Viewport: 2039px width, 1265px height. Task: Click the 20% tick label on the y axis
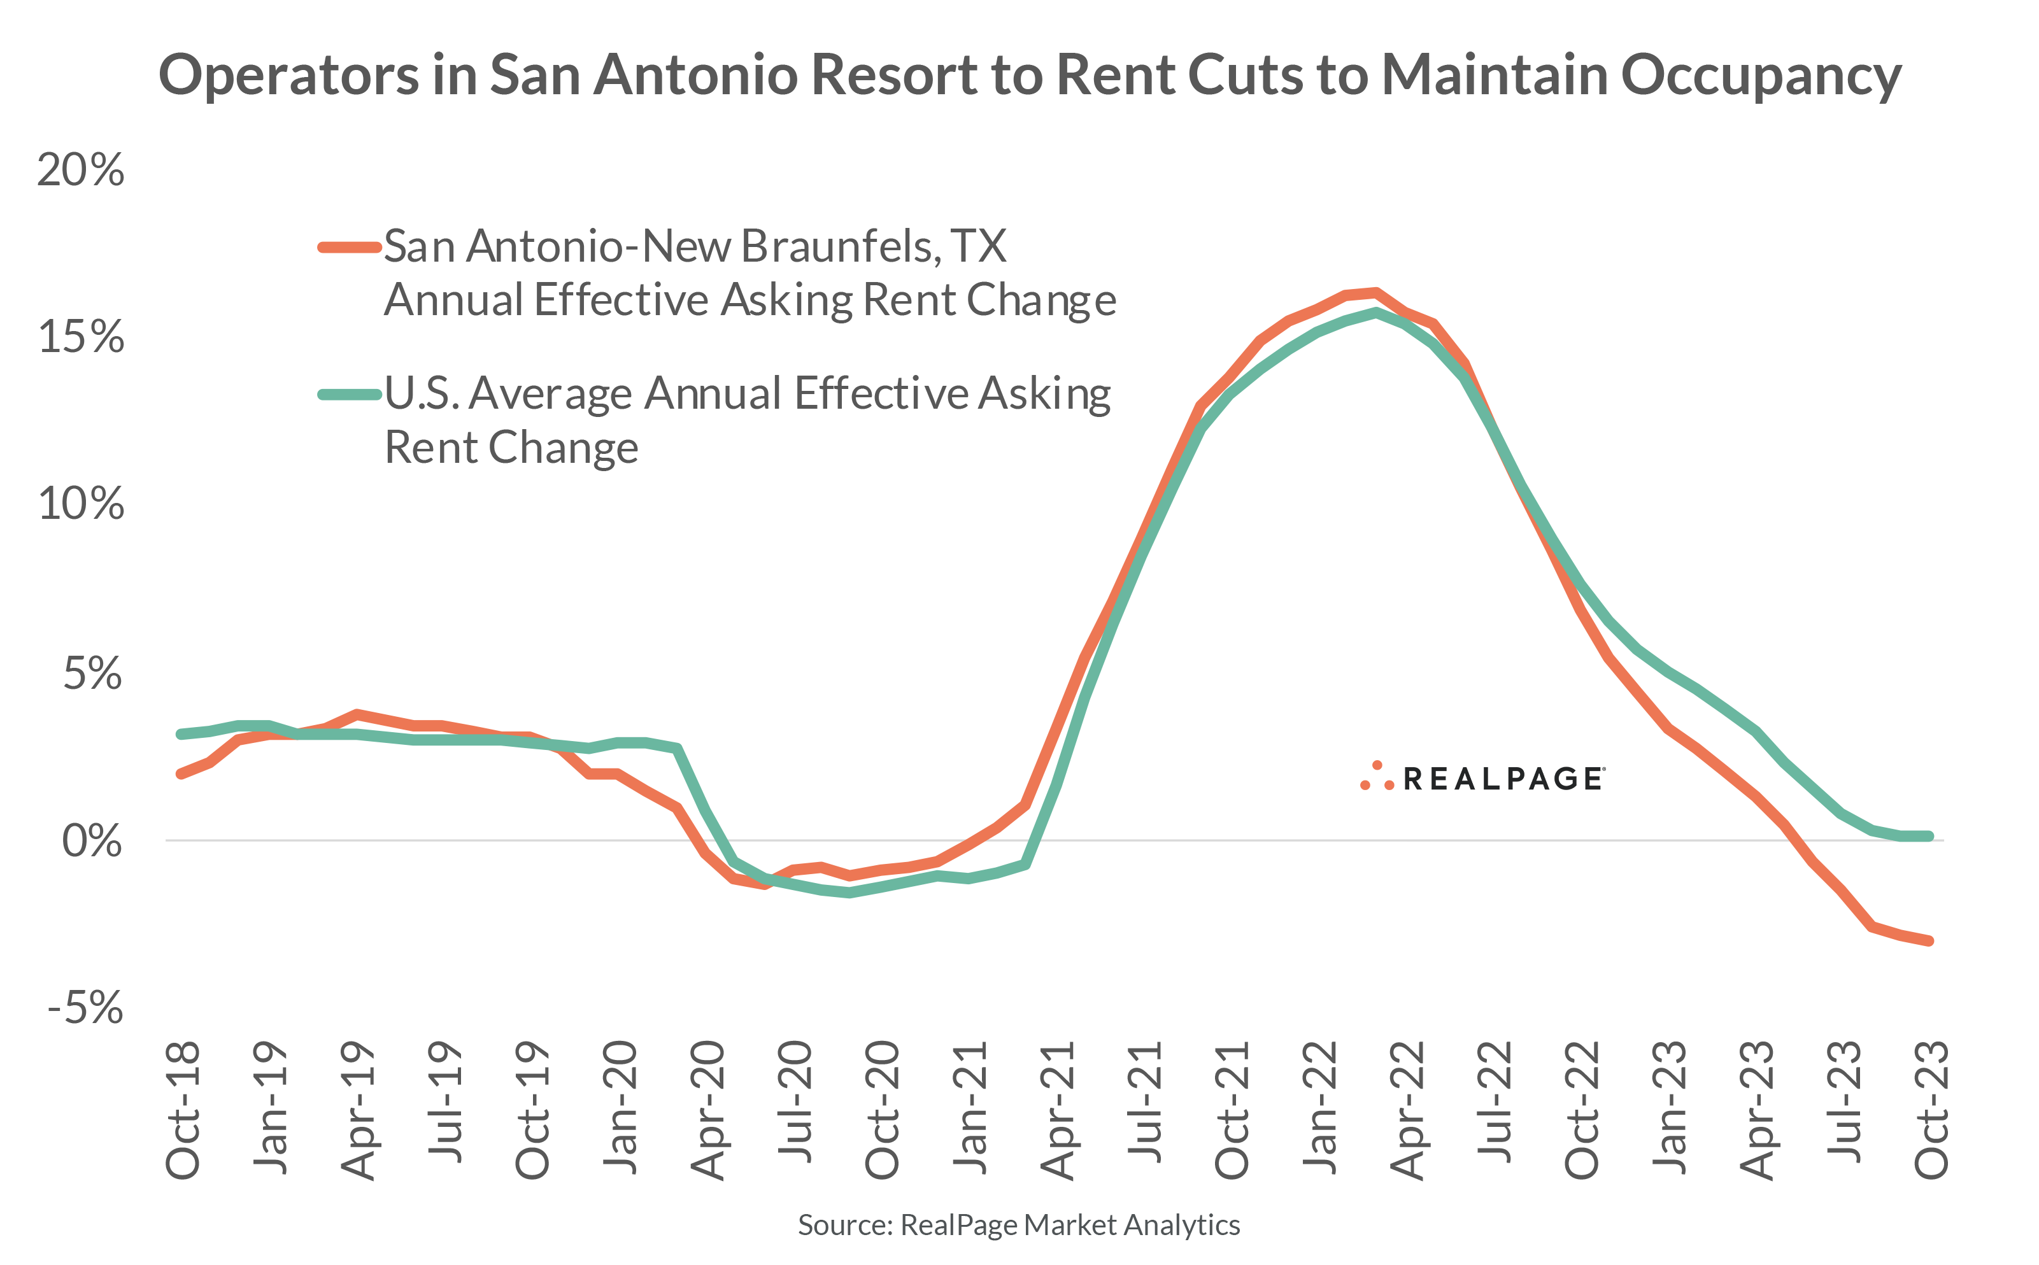(x=80, y=170)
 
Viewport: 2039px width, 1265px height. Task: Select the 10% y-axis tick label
(x=80, y=504)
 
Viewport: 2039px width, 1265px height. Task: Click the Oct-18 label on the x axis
(x=182, y=1110)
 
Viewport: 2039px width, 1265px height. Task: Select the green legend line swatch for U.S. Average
(x=350, y=394)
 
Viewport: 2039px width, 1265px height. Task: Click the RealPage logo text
(x=1502, y=779)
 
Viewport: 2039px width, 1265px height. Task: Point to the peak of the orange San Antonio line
(x=1375, y=293)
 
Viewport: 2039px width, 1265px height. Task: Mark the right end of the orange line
(x=1929, y=941)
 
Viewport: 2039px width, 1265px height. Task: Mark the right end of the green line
(x=1929, y=836)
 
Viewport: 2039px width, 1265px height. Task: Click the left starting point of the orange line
(x=181, y=774)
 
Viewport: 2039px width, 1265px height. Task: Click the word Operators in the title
(x=288, y=75)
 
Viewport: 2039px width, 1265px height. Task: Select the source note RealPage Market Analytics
(x=1018, y=1225)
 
